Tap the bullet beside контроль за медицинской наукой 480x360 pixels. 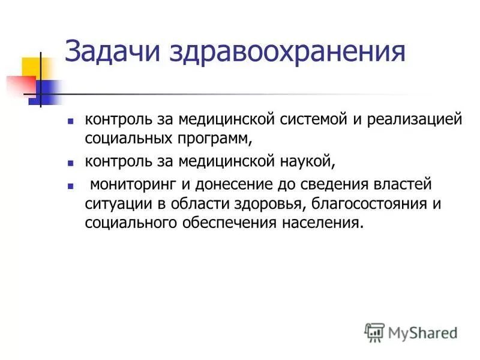click(x=71, y=163)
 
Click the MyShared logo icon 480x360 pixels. click(x=374, y=331)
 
